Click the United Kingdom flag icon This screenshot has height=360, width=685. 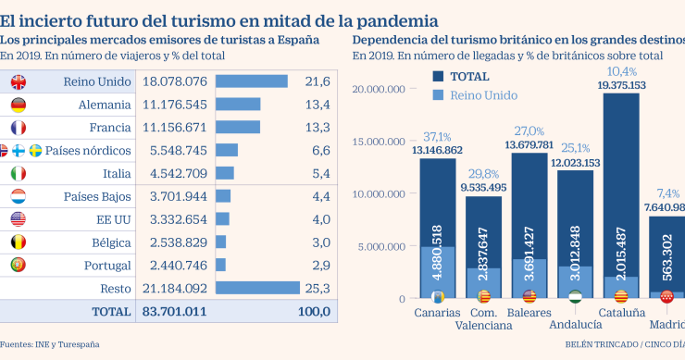[18, 82]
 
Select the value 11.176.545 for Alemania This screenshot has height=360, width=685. [176, 105]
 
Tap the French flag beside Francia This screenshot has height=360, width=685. [18, 128]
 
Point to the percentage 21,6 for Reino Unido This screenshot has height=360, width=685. [318, 82]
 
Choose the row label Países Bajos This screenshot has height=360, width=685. [97, 196]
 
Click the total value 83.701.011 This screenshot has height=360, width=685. [176, 312]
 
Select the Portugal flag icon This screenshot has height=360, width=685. [18, 266]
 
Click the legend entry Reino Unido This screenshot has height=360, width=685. [484, 94]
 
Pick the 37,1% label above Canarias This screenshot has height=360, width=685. [437, 137]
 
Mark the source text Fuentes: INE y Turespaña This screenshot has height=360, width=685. [50, 344]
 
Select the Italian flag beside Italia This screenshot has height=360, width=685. [18, 173]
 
